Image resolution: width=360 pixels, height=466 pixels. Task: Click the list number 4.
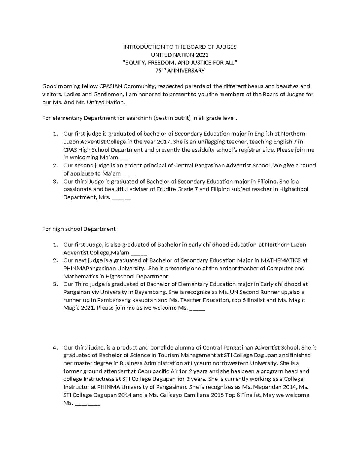click(x=55, y=348)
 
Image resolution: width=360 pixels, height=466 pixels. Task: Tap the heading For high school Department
click(x=79, y=229)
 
